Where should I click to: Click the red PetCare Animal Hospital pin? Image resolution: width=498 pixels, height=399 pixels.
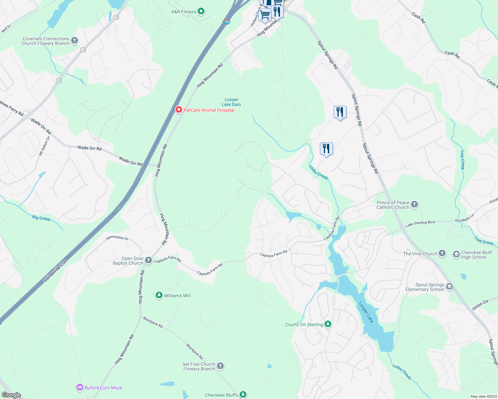pos(178,110)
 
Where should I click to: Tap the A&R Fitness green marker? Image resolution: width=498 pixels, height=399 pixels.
pos(201,12)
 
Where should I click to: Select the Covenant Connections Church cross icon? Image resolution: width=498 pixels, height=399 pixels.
pos(75,41)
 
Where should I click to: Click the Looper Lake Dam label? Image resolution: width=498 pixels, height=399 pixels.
pos(231,102)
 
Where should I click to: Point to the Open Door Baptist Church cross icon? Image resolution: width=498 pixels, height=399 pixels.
pos(148,260)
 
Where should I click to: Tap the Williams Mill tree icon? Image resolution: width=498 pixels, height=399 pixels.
pos(159,295)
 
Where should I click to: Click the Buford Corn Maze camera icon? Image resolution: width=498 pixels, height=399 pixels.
pos(80,387)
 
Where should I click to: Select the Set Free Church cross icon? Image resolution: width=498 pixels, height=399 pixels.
pos(220,366)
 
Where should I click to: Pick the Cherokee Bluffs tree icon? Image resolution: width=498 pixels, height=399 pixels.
pos(243,395)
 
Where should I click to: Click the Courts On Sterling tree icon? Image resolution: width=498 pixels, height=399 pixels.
pos(328,324)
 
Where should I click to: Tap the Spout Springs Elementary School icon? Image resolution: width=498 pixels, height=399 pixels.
pos(449,287)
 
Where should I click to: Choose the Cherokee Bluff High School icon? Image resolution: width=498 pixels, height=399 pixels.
pos(456,255)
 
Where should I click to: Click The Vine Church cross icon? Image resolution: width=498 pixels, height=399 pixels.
pos(442,253)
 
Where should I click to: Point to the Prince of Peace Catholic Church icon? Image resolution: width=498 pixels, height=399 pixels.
pos(414,204)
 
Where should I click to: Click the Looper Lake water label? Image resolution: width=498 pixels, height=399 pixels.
pos(366,312)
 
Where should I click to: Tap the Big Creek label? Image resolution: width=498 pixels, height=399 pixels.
pos(41,218)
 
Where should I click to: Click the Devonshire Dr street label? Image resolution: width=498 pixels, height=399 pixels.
pos(117,238)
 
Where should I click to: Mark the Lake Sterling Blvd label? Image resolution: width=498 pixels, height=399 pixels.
pos(420,224)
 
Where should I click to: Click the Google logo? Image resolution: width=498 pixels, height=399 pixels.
pos(11,395)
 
